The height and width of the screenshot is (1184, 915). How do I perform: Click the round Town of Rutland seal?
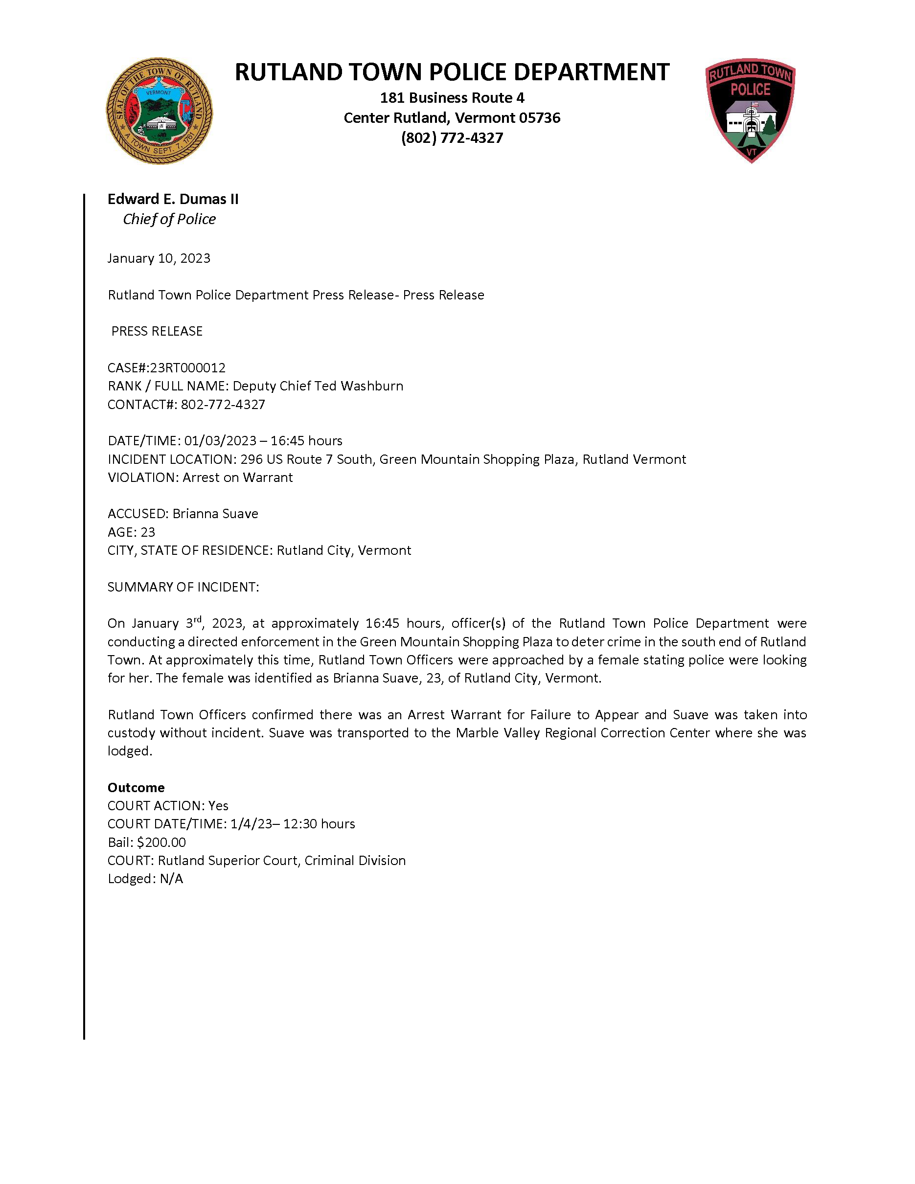pyautogui.click(x=159, y=111)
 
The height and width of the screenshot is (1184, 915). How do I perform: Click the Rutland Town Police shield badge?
pyautogui.click(x=750, y=110)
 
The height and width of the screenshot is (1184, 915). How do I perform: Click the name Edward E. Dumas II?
pyautogui.click(x=173, y=199)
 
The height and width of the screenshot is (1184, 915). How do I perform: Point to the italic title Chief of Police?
pyautogui.click(x=169, y=219)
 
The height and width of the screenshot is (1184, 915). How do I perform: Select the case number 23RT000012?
pyautogui.click(x=187, y=367)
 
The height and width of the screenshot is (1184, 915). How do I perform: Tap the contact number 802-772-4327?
pyautogui.click(x=223, y=405)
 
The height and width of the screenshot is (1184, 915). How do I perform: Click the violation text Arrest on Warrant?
pyautogui.click(x=237, y=478)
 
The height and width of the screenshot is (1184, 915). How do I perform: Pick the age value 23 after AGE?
pyautogui.click(x=147, y=532)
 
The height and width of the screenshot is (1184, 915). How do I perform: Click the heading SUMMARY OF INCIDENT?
pyautogui.click(x=183, y=587)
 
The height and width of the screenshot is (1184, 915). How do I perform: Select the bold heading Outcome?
pyautogui.click(x=136, y=787)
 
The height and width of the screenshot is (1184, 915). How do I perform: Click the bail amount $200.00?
pyautogui.click(x=161, y=842)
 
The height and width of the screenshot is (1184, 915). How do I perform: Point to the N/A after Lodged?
pyautogui.click(x=171, y=879)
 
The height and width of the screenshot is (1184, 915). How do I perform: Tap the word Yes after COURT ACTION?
pyautogui.click(x=218, y=806)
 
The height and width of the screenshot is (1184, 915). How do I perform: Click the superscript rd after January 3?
pyautogui.click(x=198, y=619)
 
